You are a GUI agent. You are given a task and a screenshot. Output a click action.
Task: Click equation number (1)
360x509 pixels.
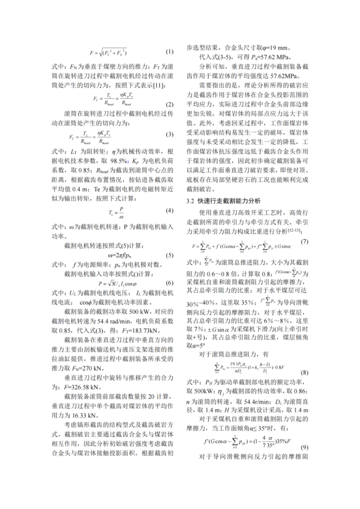coord(170,52)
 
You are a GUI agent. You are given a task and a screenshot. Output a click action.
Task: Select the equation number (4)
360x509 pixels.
coord(170,210)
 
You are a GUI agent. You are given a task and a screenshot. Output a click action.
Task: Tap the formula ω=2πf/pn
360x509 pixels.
coord(113,255)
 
